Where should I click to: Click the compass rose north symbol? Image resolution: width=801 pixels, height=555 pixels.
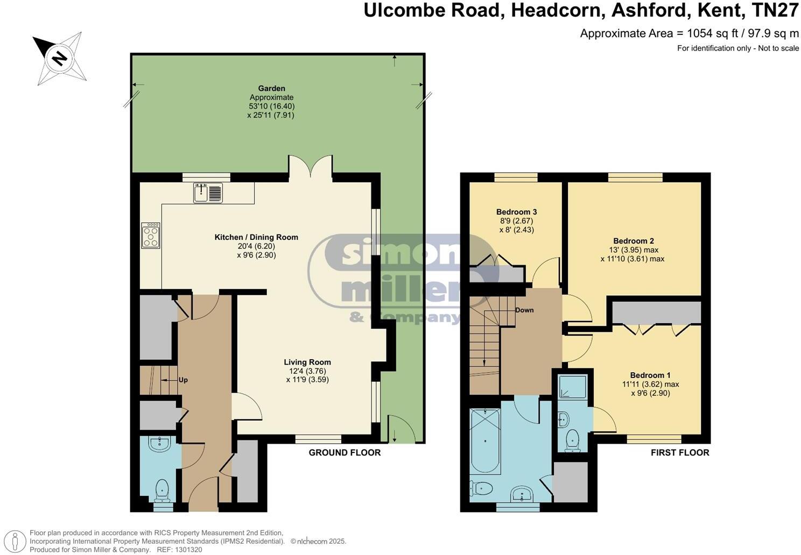pyautogui.click(x=59, y=58)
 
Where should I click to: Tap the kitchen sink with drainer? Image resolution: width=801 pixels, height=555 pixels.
pyautogui.click(x=208, y=193)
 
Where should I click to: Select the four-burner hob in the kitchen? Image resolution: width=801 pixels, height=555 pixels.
pyautogui.click(x=151, y=236)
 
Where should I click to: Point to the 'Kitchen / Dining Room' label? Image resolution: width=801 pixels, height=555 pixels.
pyautogui.click(x=256, y=237)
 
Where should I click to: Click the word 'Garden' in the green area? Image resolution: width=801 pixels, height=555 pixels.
pyautogui.click(x=271, y=88)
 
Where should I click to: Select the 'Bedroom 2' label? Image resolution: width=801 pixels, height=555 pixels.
pyautogui.click(x=633, y=241)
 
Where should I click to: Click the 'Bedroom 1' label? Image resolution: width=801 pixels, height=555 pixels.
pyautogui.click(x=650, y=375)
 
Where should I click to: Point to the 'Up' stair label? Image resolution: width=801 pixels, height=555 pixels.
pyautogui.click(x=183, y=380)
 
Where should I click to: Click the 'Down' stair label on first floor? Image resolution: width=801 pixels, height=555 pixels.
pyautogui.click(x=524, y=310)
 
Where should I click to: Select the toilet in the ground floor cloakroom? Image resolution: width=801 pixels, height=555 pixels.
pyautogui.click(x=161, y=490)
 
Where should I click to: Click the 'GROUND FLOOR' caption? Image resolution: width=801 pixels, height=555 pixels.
pyautogui.click(x=345, y=453)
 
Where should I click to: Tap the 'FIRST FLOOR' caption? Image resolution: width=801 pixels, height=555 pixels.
pyautogui.click(x=680, y=453)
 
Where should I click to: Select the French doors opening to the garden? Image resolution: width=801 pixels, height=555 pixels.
pyautogui.click(x=310, y=165)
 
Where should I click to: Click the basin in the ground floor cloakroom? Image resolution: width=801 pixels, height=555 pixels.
pyautogui.click(x=160, y=444)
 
